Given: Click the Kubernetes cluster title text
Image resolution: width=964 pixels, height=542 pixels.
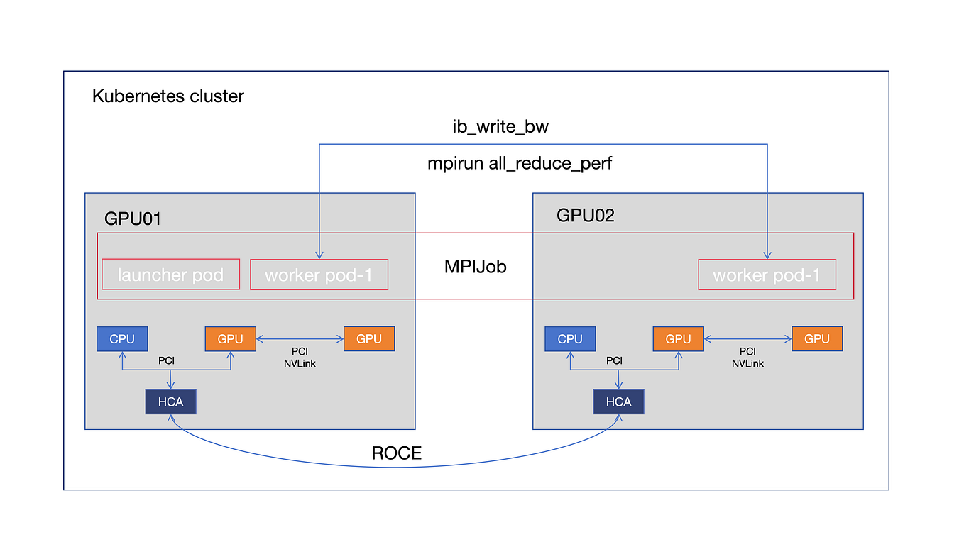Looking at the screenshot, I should point(168,96).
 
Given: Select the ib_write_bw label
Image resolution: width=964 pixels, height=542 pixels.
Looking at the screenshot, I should point(501,127).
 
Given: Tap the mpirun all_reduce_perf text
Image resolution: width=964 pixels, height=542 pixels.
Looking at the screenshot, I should point(520,163).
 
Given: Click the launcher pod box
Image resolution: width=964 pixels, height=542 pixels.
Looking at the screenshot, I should point(170,275).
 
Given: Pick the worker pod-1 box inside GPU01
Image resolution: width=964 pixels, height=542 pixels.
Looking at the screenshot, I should point(319,275).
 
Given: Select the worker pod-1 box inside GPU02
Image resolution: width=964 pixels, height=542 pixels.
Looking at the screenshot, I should point(767,275).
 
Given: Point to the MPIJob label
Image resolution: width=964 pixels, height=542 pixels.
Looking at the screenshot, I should point(475,267).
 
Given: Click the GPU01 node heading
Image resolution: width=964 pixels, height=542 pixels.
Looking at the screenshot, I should point(133,219).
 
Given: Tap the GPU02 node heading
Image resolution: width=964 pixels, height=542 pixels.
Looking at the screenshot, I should point(585,216).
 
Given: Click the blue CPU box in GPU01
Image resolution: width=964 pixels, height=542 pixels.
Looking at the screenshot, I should point(122,339).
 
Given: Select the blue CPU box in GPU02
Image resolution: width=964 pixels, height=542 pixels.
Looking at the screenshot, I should point(570,339).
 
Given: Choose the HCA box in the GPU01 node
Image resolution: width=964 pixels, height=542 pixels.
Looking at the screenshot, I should point(170,402).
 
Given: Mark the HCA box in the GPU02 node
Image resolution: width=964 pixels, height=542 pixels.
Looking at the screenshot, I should point(618,402).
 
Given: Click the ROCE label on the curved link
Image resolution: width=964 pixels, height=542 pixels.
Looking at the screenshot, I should point(397,453).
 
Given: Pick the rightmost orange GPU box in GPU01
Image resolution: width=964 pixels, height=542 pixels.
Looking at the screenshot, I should point(369,339).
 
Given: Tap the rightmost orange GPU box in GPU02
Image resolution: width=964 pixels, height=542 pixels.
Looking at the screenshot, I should point(817,339).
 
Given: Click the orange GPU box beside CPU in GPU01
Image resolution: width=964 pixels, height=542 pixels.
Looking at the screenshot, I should point(231,339).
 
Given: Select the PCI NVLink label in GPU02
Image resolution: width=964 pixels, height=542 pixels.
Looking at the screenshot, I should point(747,357).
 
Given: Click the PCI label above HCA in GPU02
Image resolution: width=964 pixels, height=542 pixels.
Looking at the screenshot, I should point(614,360).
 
